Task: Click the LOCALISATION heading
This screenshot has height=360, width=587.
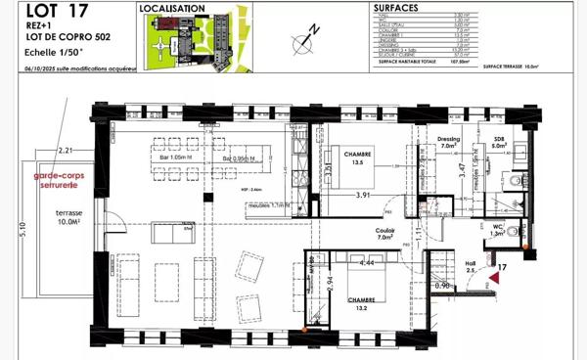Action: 172,9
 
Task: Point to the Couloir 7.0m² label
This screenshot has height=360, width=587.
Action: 384,234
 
